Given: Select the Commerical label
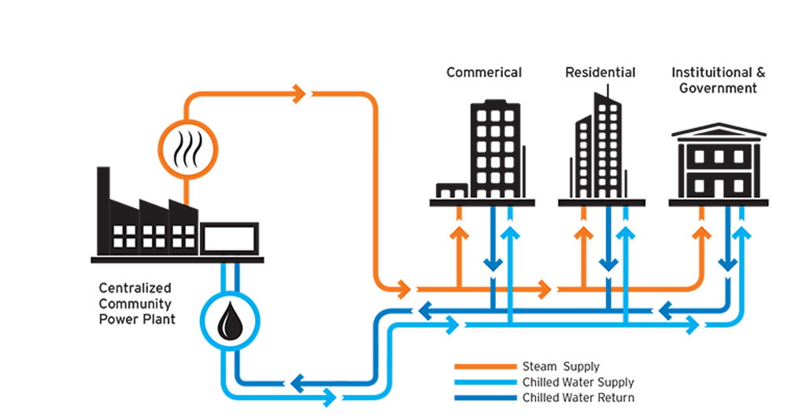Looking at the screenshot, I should tap(484, 72).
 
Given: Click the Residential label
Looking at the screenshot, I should tap(600, 72).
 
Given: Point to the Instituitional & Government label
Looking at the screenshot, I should tap(718, 80).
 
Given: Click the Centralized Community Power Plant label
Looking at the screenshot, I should tap(135, 303).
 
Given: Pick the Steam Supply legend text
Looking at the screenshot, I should tap(560, 366).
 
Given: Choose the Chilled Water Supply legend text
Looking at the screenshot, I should tap(578, 382).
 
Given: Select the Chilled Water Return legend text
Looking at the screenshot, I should tap(578, 398).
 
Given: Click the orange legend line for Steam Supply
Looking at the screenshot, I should tap(485, 367).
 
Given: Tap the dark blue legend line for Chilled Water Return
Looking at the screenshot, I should tap(485, 398).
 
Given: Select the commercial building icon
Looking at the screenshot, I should tap(493, 149).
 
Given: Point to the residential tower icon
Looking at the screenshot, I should tap(601, 146).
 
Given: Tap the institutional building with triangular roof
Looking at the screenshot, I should tap(718, 162).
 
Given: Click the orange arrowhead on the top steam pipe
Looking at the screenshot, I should tap(300, 94).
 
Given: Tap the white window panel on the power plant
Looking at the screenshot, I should tap(229, 236).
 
